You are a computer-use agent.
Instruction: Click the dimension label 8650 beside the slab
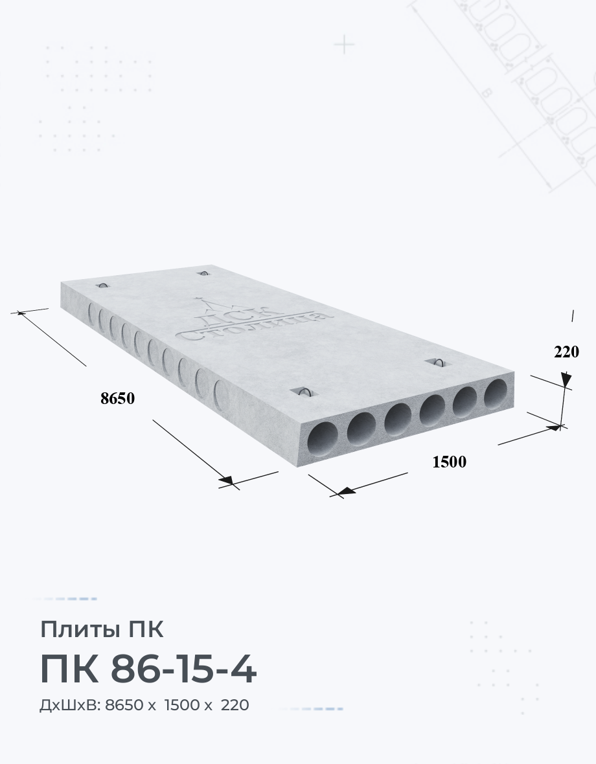(x=117, y=399)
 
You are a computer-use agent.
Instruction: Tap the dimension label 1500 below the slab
(x=450, y=462)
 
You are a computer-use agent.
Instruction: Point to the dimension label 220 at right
(x=566, y=352)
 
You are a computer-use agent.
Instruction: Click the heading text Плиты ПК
(x=101, y=629)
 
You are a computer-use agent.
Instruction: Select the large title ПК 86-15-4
(x=148, y=670)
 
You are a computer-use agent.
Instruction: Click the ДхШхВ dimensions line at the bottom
(x=144, y=705)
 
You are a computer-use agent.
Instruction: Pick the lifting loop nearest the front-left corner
(x=304, y=392)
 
